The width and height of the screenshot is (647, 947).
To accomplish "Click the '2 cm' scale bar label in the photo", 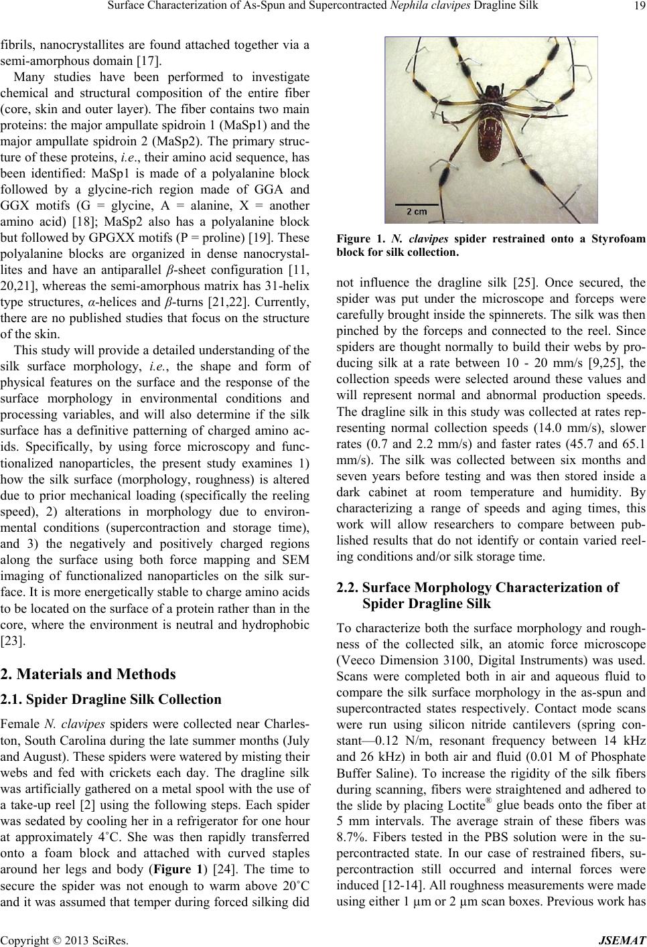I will coord(417,212).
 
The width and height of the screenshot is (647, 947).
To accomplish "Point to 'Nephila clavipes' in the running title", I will coord(449,8).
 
